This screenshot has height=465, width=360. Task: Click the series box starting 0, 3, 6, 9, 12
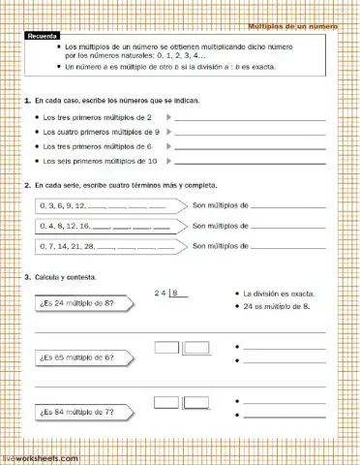click(x=106, y=205)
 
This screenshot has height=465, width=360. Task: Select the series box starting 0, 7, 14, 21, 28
click(x=106, y=246)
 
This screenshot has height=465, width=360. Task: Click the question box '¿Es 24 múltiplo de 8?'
click(x=83, y=303)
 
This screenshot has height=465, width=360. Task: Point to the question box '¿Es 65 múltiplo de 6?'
click(x=83, y=357)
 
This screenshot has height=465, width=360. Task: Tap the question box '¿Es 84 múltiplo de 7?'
click(x=83, y=412)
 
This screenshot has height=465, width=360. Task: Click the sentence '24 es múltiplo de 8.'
click(x=276, y=307)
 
